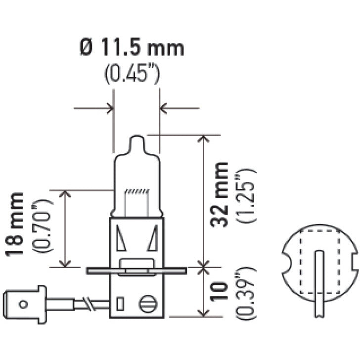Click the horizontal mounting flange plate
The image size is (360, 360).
(x=136, y=270)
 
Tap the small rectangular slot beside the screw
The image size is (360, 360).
(x=119, y=303)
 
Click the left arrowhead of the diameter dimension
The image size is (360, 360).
(x=109, y=107)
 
